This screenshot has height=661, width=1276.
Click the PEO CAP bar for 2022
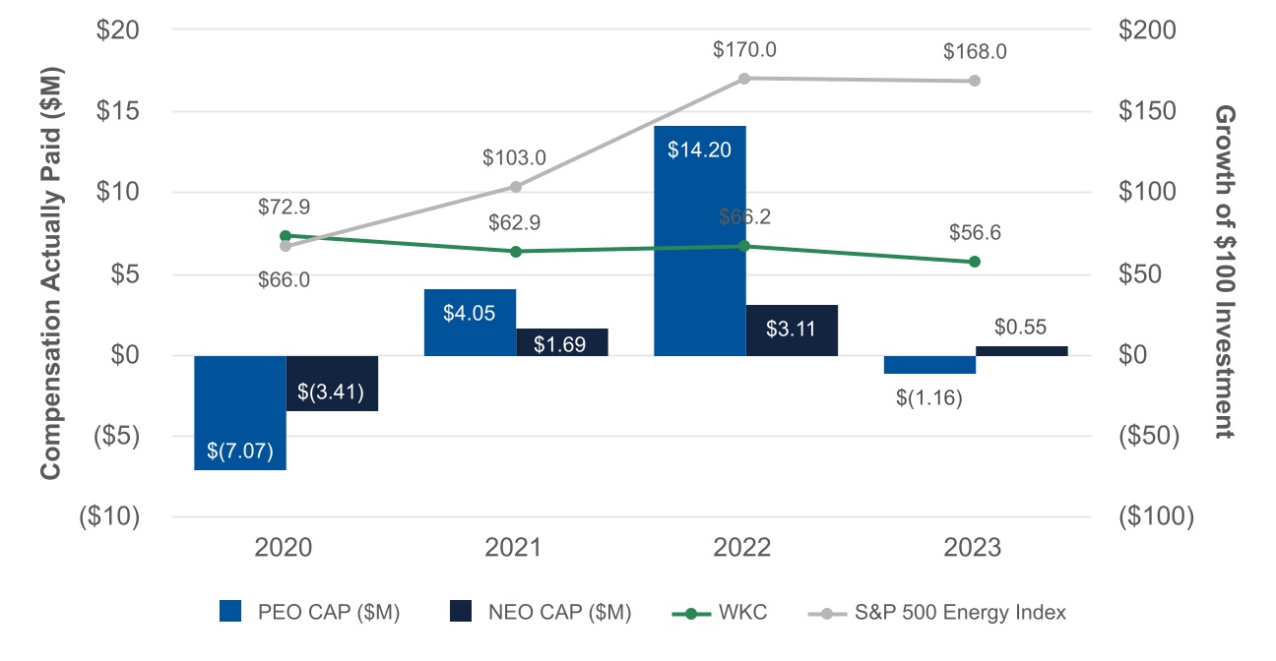coord(700,240)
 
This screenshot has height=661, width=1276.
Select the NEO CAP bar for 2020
coord(332,383)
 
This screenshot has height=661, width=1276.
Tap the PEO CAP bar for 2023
coord(929,365)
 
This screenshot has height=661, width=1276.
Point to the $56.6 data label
coord(975,233)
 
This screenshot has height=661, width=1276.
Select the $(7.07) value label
coord(240,453)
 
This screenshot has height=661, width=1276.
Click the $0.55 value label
coord(1021,328)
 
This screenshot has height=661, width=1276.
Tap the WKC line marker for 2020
coord(286,236)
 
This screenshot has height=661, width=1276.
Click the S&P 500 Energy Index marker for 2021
coord(516,187)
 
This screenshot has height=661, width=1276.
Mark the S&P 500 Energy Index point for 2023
coord(975,81)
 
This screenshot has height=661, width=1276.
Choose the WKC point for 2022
coord(744,246)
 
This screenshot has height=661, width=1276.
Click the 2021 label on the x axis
coord(513,548)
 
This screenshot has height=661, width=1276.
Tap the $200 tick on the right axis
coord(1148,30)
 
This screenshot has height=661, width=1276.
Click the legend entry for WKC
coord(722,613)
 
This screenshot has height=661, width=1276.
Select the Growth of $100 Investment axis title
coord(1223,271)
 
